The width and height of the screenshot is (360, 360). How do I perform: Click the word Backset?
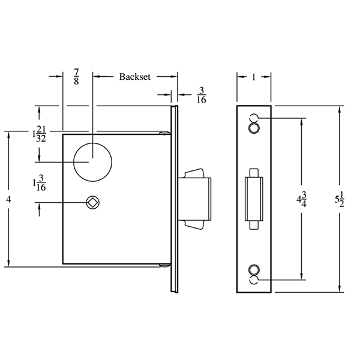coord(134,77)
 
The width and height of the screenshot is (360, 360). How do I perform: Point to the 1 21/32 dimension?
coord(40,133)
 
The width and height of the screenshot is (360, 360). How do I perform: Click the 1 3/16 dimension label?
coord(40,184)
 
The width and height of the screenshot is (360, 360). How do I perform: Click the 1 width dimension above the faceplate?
coord(255,77)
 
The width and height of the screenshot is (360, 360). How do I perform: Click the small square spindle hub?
coord(92,203)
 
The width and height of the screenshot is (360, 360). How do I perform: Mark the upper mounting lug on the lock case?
coord(163,133)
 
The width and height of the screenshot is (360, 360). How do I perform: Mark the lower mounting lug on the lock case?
coord(163,265)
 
